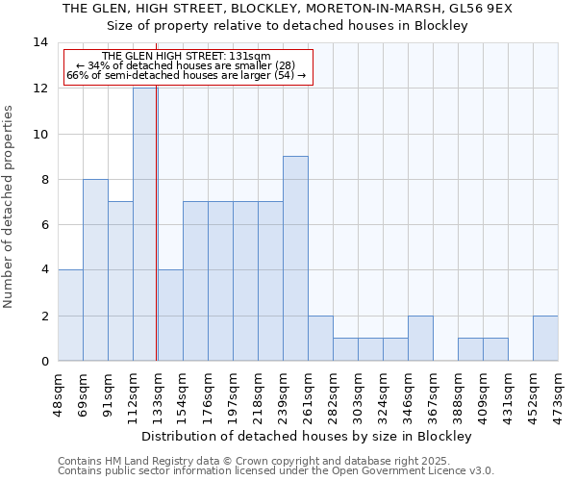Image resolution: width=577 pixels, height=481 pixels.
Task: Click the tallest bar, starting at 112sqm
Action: click(145, 224)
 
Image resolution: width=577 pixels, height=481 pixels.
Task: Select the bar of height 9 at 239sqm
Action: click(295, 259)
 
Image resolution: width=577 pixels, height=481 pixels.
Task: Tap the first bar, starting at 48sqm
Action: click(70, 316)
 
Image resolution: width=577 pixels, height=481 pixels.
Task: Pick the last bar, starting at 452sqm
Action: click(545, 339)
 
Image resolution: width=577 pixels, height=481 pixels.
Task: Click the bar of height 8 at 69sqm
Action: click(95, 270)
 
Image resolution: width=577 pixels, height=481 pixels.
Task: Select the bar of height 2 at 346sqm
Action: click(420, 339)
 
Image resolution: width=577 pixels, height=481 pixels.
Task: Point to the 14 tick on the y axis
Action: click(40, 42)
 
